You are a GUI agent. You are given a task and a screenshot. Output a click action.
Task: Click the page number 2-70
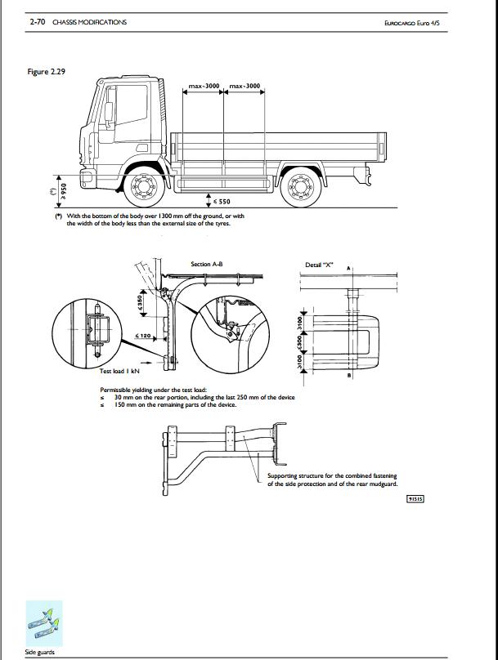click(38, 22)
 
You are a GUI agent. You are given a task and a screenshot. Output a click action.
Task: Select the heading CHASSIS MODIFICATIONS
click(89, 22)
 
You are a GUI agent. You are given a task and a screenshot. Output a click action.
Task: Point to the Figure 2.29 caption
click(47, 72)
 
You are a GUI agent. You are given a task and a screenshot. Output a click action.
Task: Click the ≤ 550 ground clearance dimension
click(222, 201)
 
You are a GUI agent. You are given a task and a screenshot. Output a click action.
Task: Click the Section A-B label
click(206, 264)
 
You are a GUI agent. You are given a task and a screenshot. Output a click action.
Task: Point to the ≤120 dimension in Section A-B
click(141, 336)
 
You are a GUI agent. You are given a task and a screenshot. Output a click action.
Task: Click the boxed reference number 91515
click(416, 498)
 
